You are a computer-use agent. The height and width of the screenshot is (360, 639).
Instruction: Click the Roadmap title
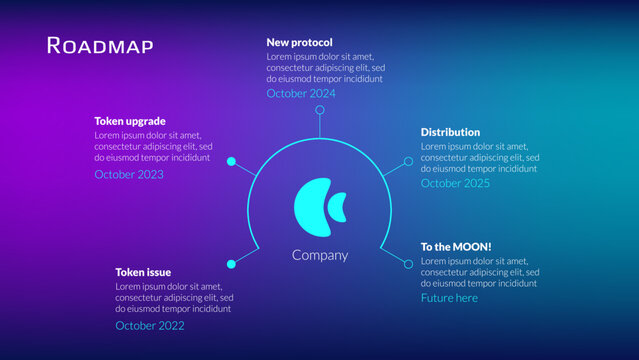pos(100,45)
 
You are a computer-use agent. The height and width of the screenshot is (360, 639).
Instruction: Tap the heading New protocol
pos(299,42)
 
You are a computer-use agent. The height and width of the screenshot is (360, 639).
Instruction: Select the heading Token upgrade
pos(130,121)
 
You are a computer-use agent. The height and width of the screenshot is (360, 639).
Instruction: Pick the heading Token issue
pos(143,272)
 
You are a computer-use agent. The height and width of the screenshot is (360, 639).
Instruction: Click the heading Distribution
pos(450,132)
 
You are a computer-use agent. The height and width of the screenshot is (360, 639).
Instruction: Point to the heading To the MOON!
pos(456,246)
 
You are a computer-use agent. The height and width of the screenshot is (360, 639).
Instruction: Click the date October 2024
pos(301,93)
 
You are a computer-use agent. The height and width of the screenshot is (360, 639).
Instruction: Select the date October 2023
pos(129,174)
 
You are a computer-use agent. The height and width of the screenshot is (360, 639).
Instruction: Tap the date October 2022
pos(149,325)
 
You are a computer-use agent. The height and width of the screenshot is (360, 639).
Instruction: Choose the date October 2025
pos(455,183)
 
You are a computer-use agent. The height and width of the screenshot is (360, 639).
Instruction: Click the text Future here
pos(449,298)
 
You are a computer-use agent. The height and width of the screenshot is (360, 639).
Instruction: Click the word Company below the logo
pos(320,255)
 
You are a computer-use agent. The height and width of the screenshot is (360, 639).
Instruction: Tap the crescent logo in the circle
pos(320,206)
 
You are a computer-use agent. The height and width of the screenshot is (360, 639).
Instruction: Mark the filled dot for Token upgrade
pos(231,161)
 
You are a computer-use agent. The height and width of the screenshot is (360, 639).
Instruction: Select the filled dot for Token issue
pos(231,263)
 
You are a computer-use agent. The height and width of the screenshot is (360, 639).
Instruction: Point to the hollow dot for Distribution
pos(408,161)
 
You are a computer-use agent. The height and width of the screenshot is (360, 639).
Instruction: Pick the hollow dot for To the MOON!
pos(408,263)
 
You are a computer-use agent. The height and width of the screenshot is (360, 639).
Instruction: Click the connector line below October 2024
pos(320,121)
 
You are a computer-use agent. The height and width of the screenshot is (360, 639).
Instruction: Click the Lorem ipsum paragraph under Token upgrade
pos(152,146)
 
